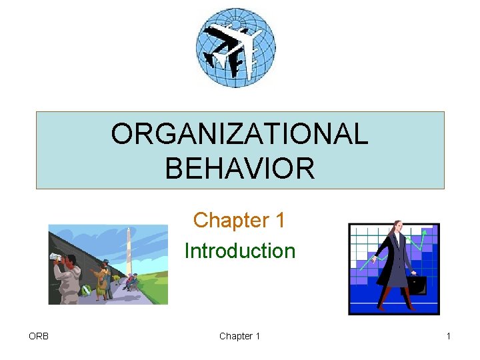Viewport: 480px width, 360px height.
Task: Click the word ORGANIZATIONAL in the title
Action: click(x=239, y=134)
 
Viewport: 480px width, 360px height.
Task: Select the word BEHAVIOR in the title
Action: click(x=239, y=167)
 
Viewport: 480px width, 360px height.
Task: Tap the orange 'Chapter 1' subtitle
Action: click(x=239, y=220)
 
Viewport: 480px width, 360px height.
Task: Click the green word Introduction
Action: click(x=239, y=251)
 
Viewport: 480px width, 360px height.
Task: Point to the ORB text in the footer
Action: click(x=39, y=336)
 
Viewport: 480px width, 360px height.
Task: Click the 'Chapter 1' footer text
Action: click(x=239, y=336)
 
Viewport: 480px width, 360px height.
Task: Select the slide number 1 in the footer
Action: click(x=449, y=336)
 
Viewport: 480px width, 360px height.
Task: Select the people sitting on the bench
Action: click(x=130, y=281)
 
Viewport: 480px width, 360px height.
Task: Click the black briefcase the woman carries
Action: click(x=417, y=285)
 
